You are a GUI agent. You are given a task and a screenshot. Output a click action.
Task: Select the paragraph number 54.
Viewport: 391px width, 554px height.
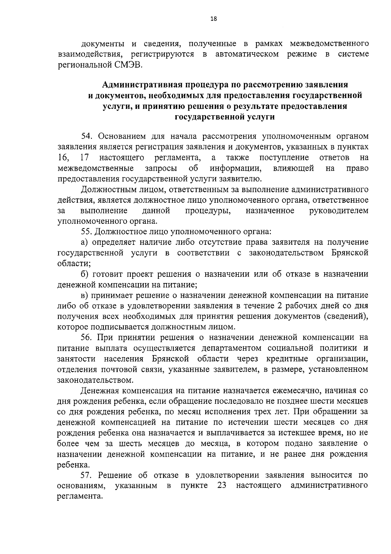coord(87,136)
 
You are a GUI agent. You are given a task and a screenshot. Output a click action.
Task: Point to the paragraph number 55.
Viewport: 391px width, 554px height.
coord(87,232)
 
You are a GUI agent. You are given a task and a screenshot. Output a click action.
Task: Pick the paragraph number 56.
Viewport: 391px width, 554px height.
coord(87,337)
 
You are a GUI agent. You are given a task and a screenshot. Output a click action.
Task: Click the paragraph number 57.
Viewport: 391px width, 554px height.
coord(87,475)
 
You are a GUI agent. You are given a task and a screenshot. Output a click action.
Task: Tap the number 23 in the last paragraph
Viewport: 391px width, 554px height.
coord(222,485)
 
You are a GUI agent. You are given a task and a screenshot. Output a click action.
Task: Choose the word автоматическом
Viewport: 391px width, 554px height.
coord(247,54)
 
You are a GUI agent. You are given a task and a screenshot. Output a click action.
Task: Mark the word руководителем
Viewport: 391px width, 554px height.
coord(339,211)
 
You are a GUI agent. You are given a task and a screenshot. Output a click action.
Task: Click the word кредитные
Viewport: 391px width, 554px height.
coord(287,359)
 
